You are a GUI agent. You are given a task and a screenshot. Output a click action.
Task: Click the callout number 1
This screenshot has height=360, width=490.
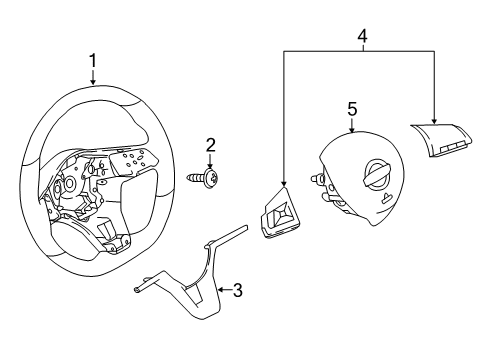(92, 63)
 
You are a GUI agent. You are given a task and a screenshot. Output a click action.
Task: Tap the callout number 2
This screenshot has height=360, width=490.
(210, 146)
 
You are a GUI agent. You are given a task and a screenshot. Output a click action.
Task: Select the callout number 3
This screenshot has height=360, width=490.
(237, 291)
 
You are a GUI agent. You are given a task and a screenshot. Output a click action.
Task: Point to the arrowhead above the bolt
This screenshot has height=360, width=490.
(210, 165)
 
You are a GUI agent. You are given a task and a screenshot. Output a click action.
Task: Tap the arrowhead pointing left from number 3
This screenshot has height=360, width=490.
(219, 291)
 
